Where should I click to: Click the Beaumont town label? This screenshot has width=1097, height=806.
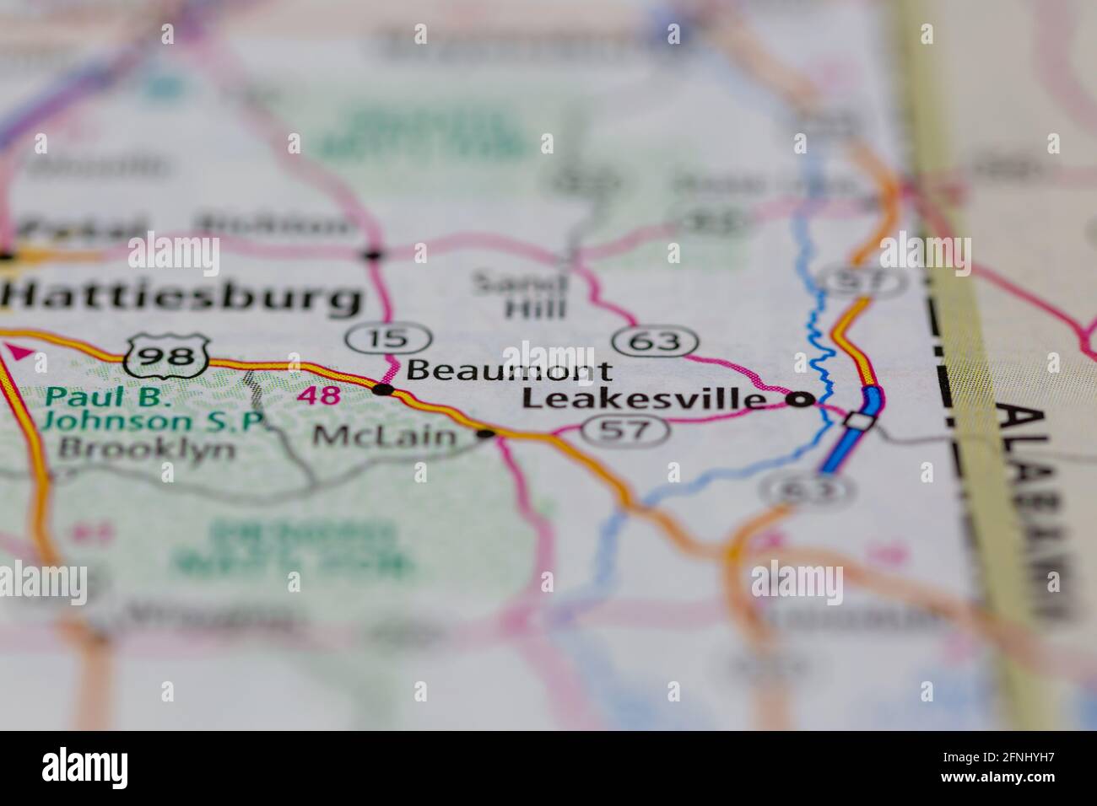coord(510,370)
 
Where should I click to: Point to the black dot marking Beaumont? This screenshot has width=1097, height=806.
coord(383,390)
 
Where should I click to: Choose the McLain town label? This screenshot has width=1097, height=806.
coord(385,436)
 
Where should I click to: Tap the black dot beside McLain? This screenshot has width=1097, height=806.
coord(486,434)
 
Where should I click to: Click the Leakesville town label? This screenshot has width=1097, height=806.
coord(645,399)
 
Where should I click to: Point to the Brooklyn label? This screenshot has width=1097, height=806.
coord(147,448)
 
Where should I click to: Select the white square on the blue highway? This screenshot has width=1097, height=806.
coord(858,420)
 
